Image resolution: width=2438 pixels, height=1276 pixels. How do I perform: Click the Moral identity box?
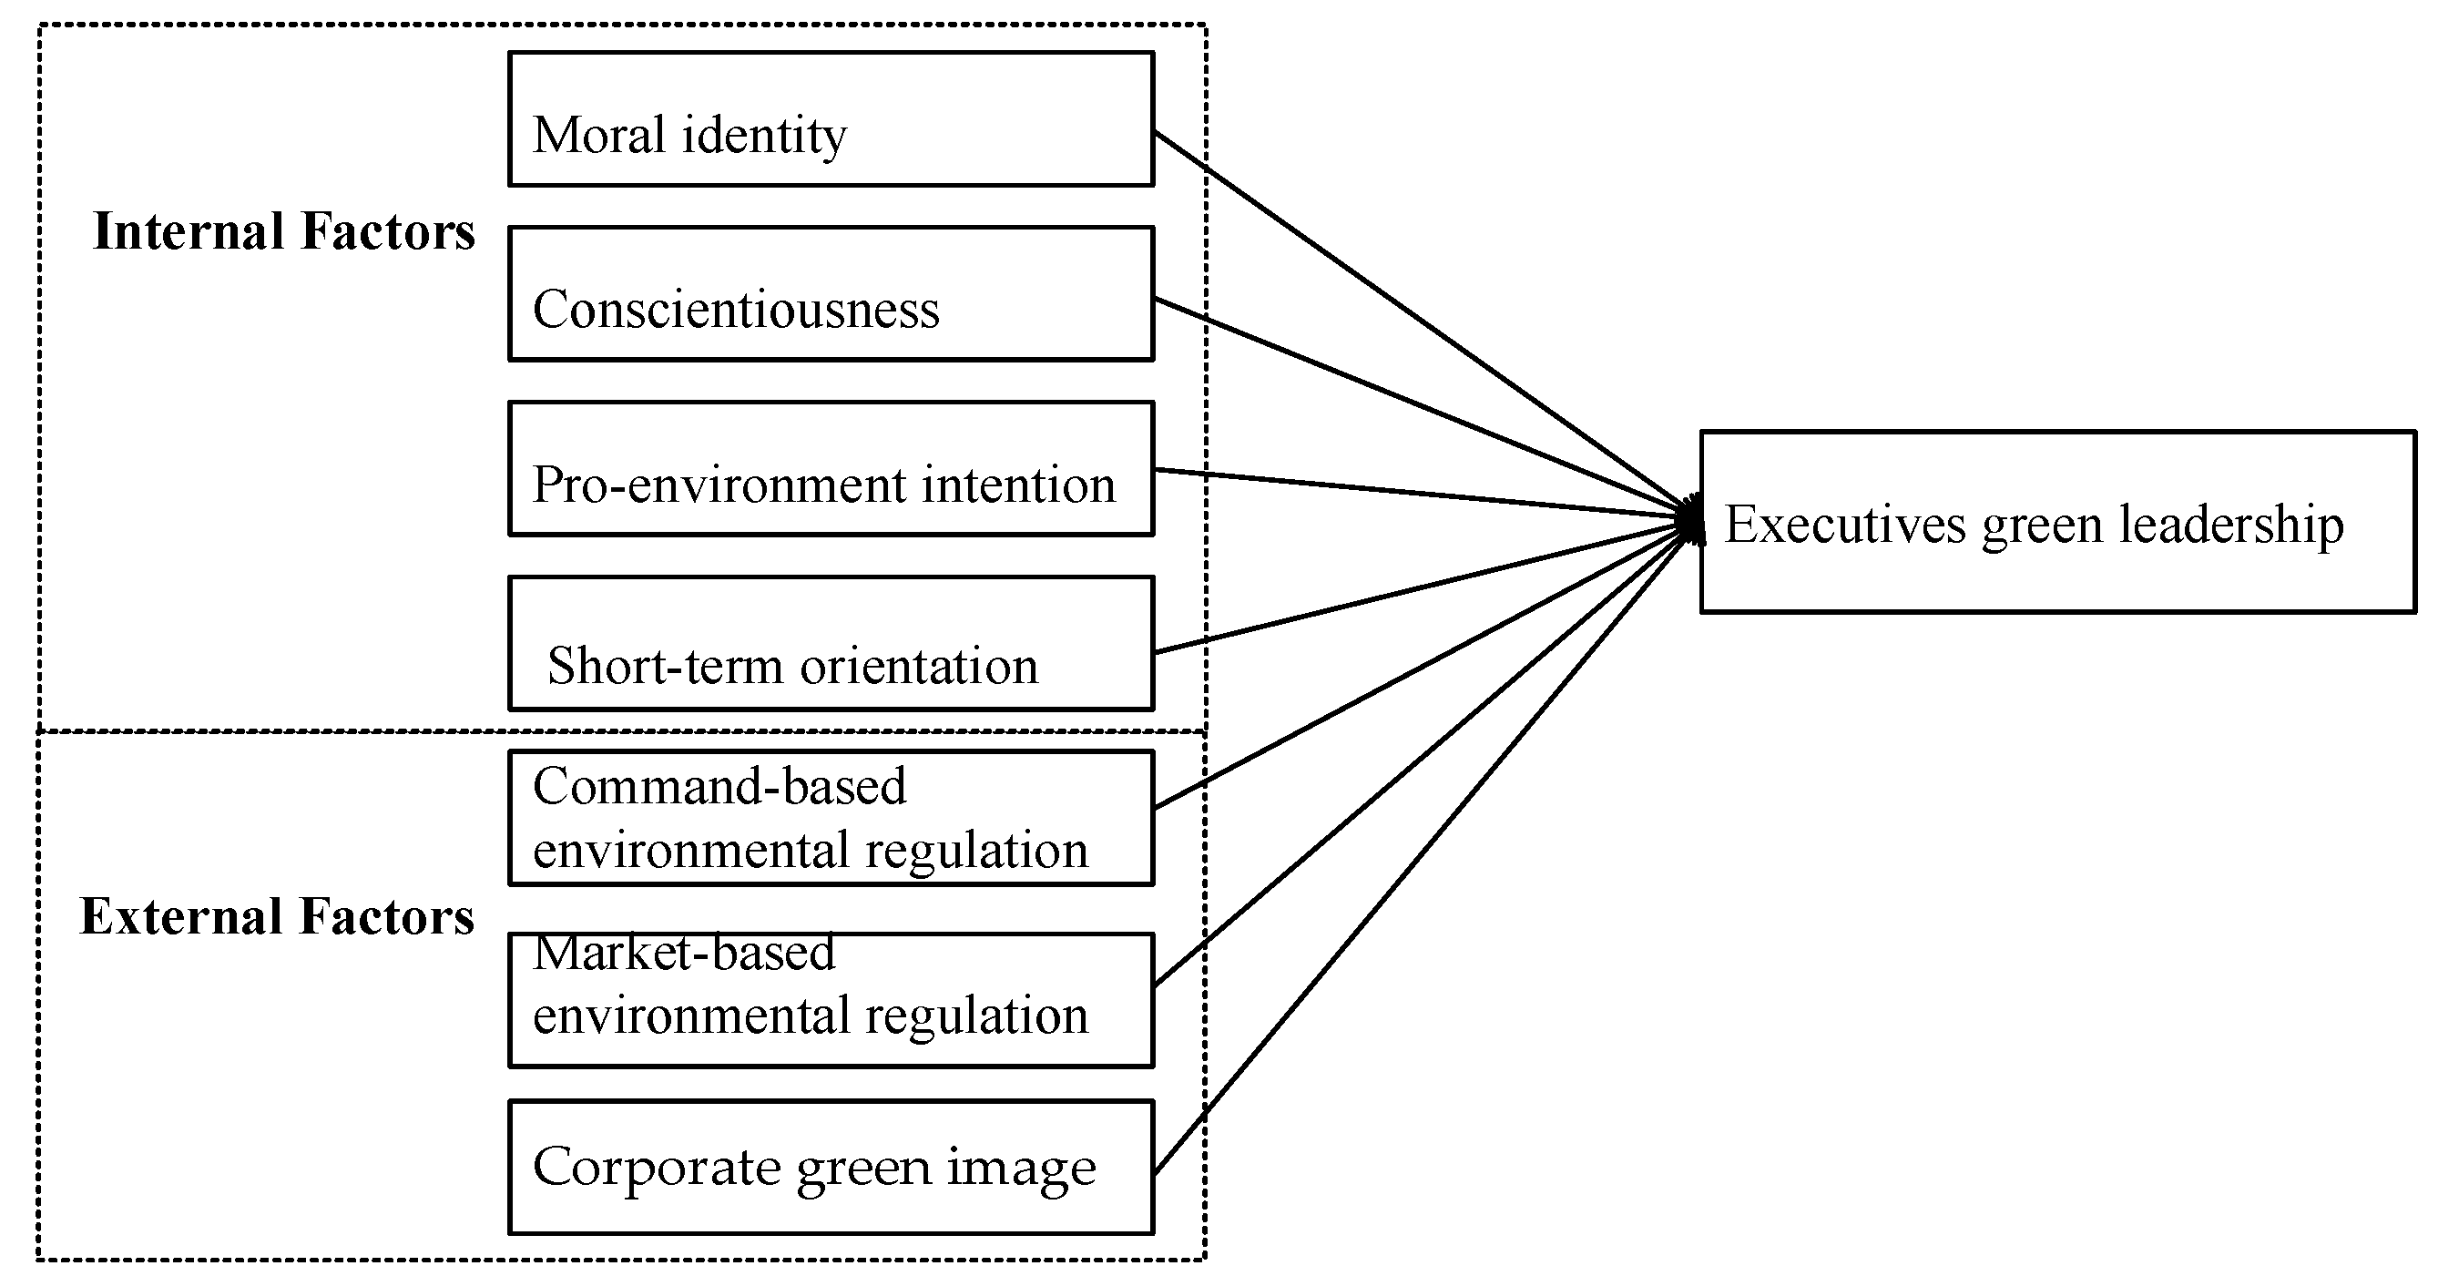point(830,119)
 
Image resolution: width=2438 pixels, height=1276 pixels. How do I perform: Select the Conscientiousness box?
point(830,293)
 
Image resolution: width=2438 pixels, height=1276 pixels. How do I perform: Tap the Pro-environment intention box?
point(830,468)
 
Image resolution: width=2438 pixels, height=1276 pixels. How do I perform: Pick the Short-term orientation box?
point(830,644)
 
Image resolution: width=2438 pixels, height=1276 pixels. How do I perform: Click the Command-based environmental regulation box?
point(830,818)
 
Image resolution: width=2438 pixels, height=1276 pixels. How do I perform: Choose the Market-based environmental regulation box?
point(830,1001)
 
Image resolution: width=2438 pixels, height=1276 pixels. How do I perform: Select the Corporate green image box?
point(830,1167)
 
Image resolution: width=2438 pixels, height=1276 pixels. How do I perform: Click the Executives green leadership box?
point(2056,523)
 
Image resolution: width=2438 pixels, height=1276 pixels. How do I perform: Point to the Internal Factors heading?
point(284,232)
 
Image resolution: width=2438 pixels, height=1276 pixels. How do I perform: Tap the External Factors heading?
point(276,916)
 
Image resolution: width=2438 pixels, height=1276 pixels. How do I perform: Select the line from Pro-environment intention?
point(1420,493)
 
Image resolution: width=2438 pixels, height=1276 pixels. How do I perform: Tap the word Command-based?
point(719,787)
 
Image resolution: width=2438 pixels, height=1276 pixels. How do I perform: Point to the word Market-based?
point(683,954)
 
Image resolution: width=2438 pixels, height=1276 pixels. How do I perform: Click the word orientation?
point(919,666)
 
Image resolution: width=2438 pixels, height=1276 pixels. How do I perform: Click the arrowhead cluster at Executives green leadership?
point(1691,521)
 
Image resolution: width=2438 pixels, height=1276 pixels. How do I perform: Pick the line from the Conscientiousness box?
point(1420,407)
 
